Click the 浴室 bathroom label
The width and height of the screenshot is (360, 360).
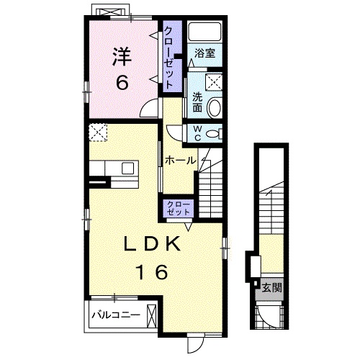click(204, 53)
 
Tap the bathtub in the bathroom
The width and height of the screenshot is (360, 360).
click(204, 32)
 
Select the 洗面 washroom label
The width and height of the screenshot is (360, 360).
click(197, 102)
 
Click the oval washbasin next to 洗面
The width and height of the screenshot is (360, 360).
click(214, 108)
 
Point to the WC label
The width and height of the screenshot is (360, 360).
click(197, 133)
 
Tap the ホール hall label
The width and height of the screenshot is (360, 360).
click(181, 161)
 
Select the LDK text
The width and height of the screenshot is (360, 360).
click(152, 243)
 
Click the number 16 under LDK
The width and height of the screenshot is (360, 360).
click(152, 271)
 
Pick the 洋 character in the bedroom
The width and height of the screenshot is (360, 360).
click(122, 57)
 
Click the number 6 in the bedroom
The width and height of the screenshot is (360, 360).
click(122, 82)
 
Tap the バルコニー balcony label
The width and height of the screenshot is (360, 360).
click(116, 315)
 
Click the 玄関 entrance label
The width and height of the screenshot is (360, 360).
click(271, 287)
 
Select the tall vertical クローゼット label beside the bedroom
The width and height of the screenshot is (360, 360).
click(168, 58)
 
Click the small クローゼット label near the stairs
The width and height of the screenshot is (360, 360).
click(179, 208)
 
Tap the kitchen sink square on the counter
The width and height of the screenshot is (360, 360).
click(127, 168)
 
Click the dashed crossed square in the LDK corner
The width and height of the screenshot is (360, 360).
click(98, 132)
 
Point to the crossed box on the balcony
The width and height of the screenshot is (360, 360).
click(152, 316)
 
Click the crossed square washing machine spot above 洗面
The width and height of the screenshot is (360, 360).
click(214, 82)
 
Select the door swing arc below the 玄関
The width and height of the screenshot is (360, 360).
click(264, 317)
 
